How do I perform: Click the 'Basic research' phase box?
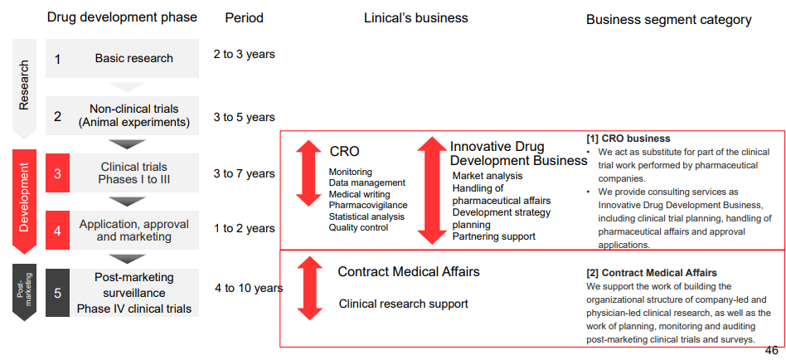click(123, 58)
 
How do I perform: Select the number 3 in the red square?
click(58, 173)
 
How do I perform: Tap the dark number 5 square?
click(58, 292)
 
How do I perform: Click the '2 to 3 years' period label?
click(244, 54)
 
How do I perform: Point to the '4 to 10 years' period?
click(249, 289)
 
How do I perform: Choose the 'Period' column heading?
click(244, 18)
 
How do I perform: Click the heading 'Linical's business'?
click(416, 18)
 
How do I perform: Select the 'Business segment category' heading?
click(669, 20)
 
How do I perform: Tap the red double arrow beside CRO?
click(308, 173)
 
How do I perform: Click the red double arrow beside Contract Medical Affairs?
click(310, 288)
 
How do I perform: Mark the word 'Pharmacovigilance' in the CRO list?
click(368, 205)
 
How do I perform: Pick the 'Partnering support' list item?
click(494, 236)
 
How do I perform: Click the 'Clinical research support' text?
click(404, 304)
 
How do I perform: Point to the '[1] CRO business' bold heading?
click(628, 139)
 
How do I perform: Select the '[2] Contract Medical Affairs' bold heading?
click(652, 273)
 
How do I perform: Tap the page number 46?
click(771, 351)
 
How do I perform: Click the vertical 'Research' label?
click(24, 85)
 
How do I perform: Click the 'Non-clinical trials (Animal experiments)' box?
click(123, 116)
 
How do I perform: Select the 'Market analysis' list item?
click(488, 176)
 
